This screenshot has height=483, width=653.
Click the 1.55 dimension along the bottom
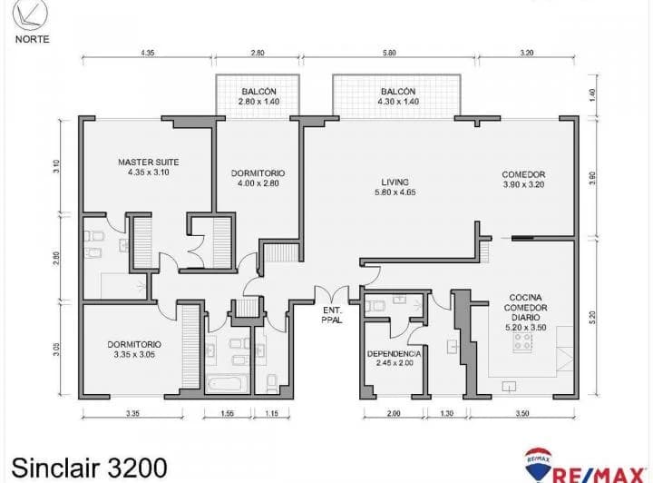(x=227, y=414)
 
